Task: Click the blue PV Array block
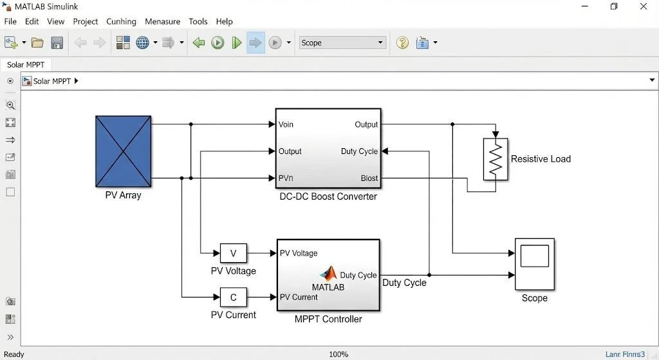[x=123, y=151]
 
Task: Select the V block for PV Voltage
[x=233, y=253]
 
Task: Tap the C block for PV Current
[x=233, y=298]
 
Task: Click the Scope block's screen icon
[x=535, y=256]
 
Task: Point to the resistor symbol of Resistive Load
[x=496, y=160]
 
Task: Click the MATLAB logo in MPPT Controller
[x=329, y=273]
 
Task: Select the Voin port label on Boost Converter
[x=286, y=124]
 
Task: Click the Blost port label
[x=369, y=178]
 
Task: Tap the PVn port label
[x=286, y=178]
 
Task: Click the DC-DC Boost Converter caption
[x=328, y=196]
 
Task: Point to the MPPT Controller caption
[x=328, y=319]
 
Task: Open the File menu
[x=10, y=21]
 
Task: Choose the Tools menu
[x=198, y=21]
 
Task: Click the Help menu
[x=225, y=21]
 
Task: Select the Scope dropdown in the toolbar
[x=342, y=43]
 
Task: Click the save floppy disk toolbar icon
[x=57, y=43]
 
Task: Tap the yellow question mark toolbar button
[x=402, y=43]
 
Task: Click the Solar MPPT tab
[x=26, y=65]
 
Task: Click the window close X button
[x=644, y=6]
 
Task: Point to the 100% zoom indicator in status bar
[x=339, y=355]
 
